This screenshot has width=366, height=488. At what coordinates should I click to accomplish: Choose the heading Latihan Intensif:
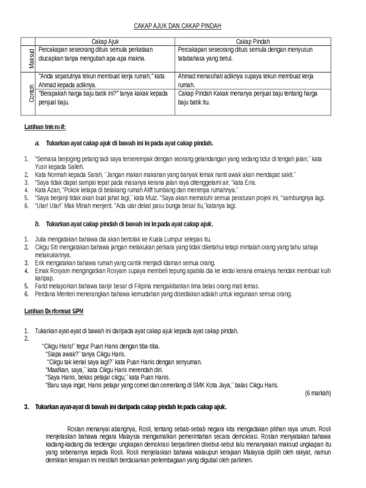click(x=45, y=127)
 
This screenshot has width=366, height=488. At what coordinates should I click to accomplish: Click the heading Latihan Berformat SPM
click(x=50, y=311)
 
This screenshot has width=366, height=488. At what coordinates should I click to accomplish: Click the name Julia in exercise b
click(x=42, y=239)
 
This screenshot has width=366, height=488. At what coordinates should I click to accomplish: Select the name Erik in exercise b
click(x=41, y=263)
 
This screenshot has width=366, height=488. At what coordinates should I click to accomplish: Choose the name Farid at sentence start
click(x=42, y=286)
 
